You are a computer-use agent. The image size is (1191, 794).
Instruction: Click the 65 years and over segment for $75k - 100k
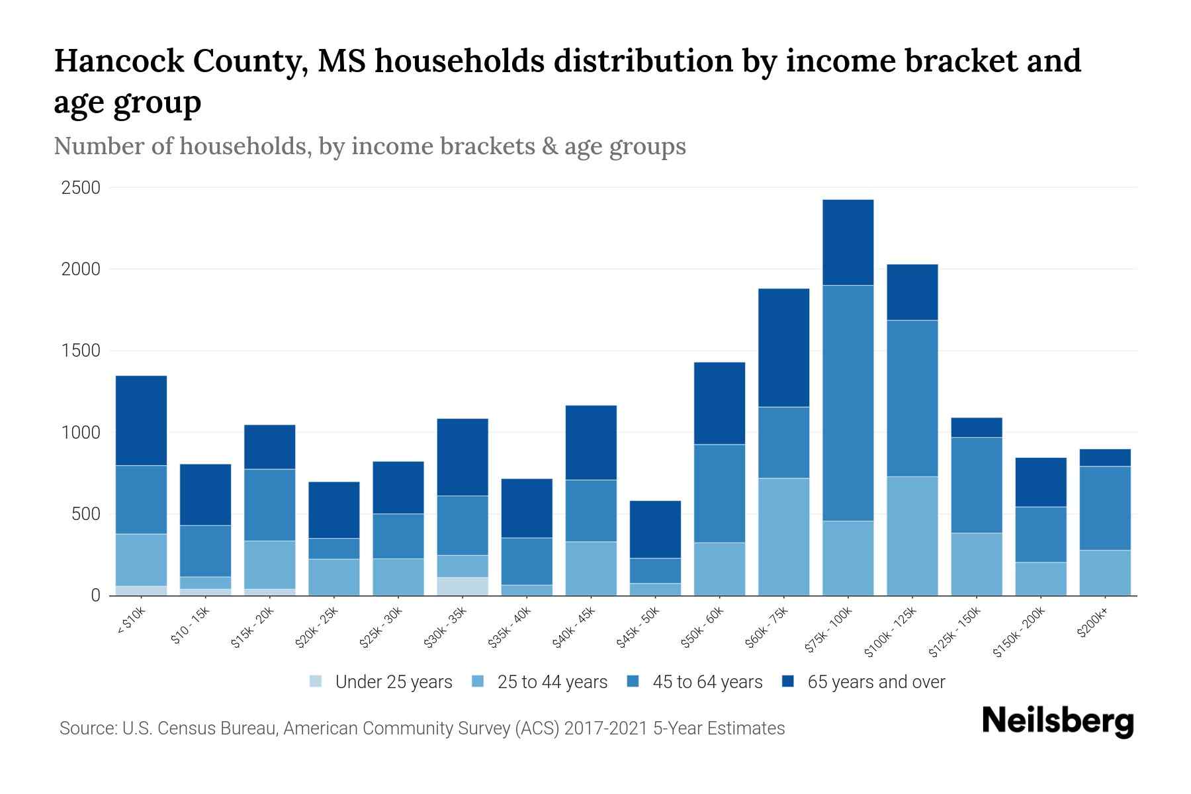pos(848,242)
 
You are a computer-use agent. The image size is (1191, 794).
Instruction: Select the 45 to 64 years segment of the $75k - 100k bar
pos(848,403)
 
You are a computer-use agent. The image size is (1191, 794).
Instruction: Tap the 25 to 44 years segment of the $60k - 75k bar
pos(783,537)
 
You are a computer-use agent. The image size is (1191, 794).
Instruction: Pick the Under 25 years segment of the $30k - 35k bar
pos(463,586)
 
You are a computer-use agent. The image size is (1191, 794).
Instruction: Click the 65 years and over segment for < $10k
pos(141,421)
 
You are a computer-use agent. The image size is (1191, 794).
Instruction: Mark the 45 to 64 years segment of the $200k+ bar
pos(1104,508)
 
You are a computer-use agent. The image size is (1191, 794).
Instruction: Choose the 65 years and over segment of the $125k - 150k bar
pos(976,427)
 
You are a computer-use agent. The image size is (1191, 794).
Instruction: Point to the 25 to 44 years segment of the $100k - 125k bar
pos(912,536)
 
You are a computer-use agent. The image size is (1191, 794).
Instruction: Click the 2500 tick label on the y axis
pos(81,188)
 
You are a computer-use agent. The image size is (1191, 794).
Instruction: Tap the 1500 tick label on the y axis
pos(81,351)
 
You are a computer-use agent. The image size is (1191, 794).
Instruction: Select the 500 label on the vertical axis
pos(85,514)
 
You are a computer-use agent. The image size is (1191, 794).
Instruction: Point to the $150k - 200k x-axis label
pos(1019,633)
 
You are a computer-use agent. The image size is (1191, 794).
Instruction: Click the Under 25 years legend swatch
pos(316,682)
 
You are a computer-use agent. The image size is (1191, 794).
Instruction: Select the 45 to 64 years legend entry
pos(707,682)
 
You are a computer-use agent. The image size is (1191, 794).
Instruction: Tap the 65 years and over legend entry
pos(875,682)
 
